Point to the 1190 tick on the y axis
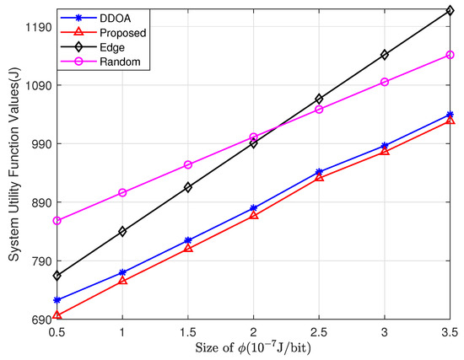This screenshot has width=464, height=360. click(38, 27)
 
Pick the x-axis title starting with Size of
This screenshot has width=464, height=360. click(253, 349)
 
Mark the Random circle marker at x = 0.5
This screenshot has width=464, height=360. click(57, 221)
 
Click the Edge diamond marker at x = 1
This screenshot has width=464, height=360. click(122, 231)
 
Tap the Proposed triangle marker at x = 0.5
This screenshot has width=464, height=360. click(57, 315)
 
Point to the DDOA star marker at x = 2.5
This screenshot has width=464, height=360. click(318, 172)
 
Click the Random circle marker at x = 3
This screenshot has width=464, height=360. click(385, 82)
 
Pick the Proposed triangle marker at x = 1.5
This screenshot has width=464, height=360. click(188, 249)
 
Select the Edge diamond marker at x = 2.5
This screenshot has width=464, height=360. click(318, 99)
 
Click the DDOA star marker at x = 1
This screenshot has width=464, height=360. click(122, 272)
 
